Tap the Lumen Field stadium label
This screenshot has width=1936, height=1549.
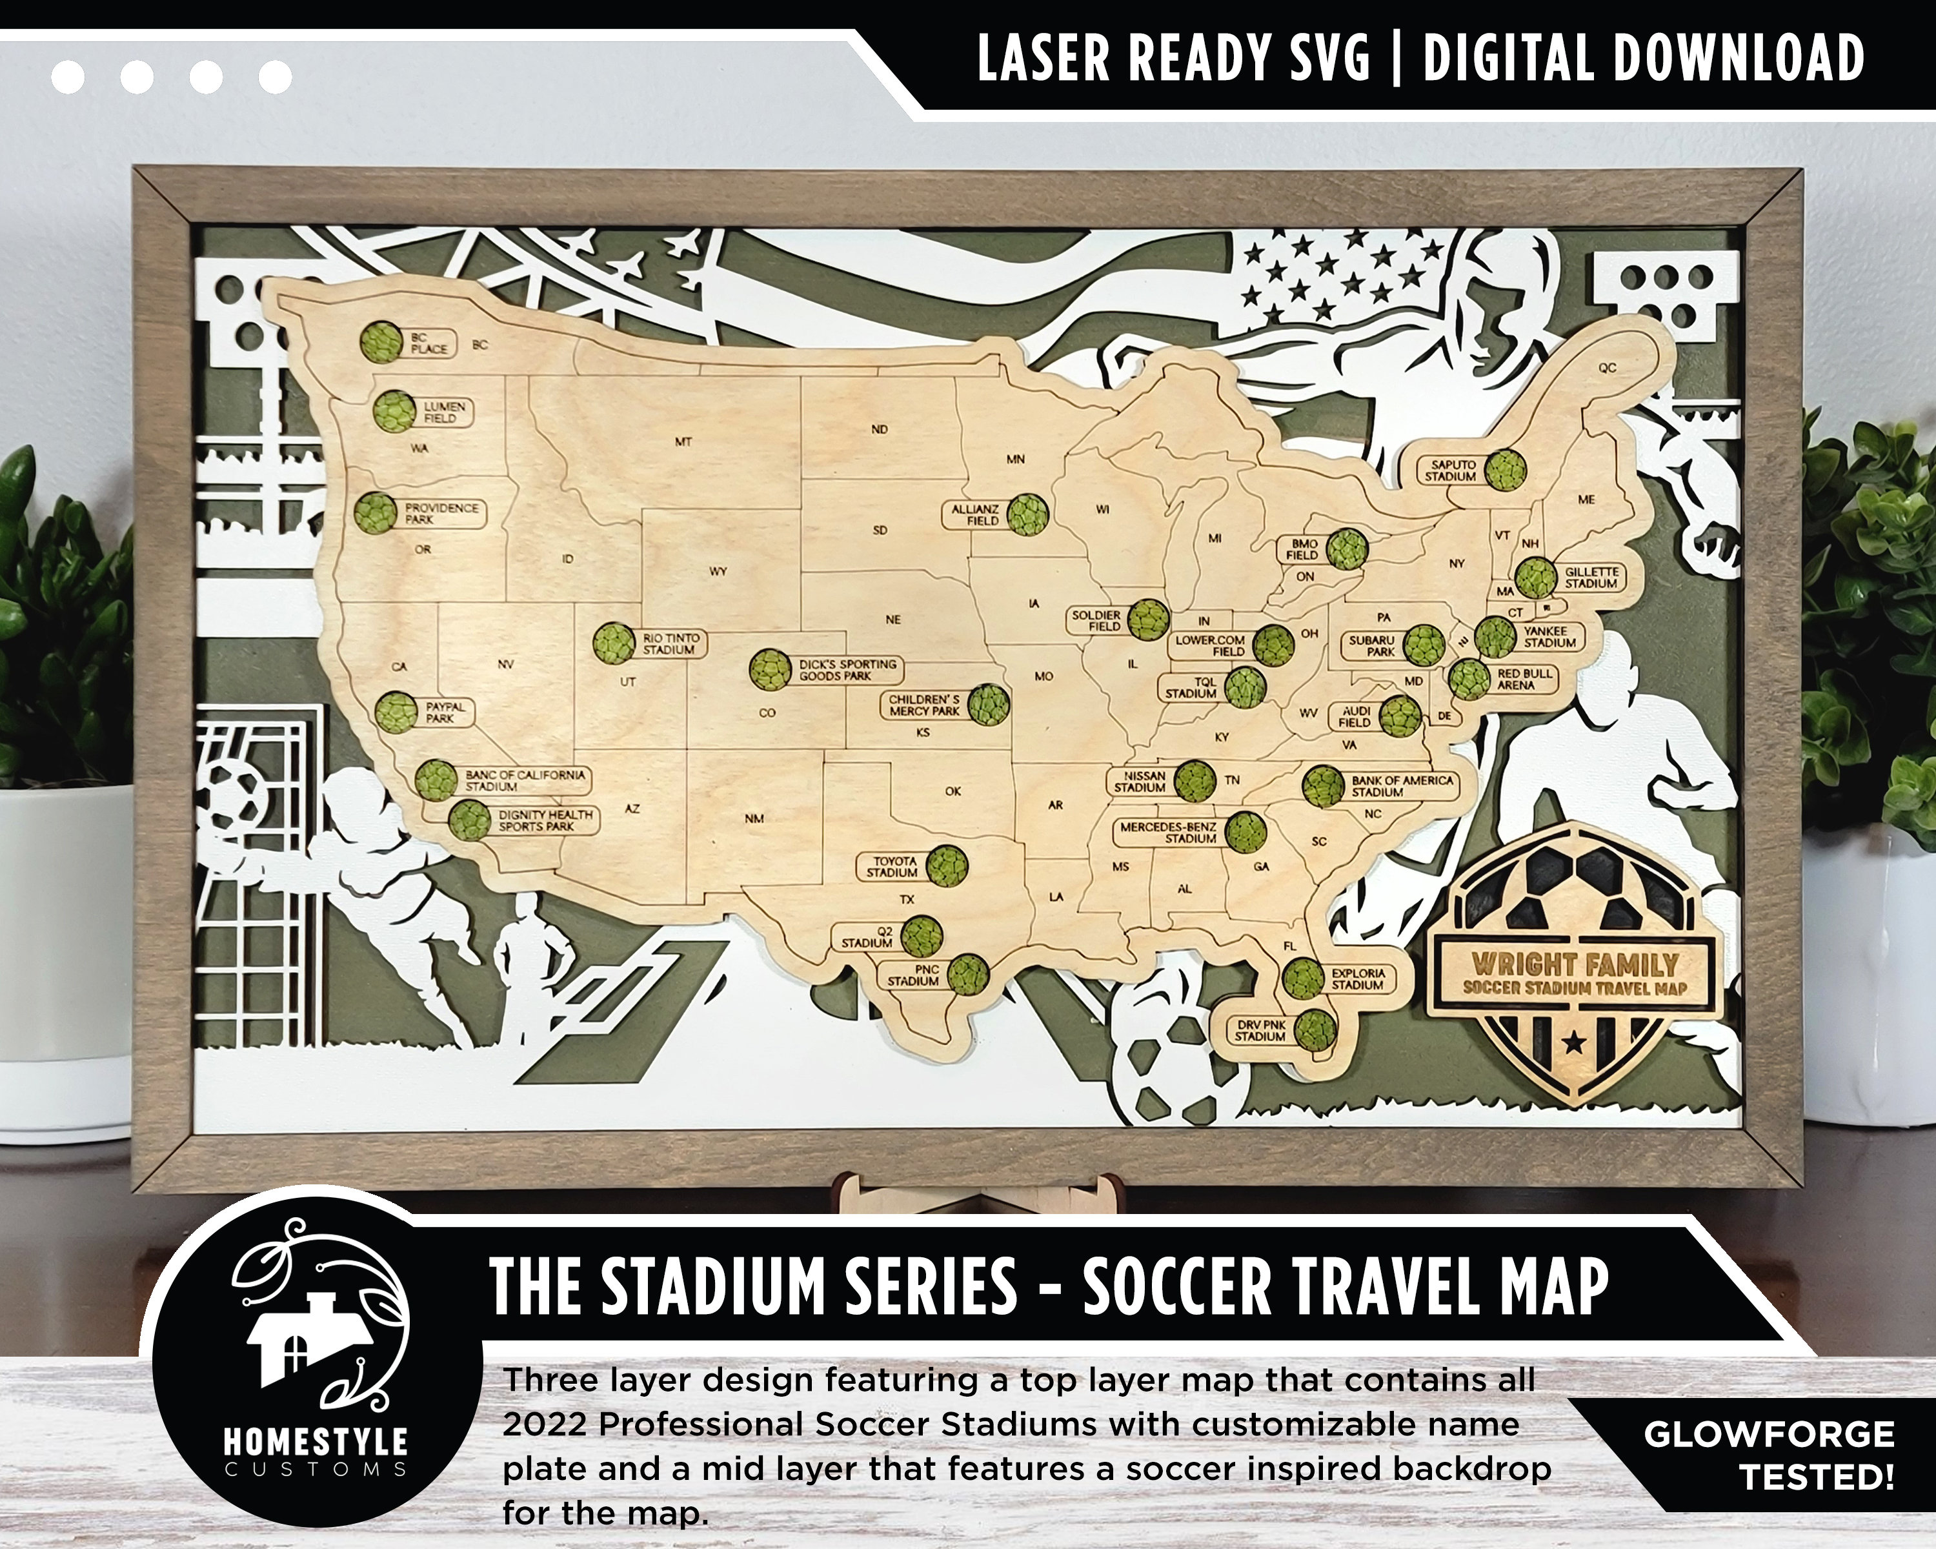tap(445, 412)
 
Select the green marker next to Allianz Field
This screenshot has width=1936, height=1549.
tap(1025, 514)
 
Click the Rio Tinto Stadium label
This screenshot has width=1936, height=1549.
tap(669, 643)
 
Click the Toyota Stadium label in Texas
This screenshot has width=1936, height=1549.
tap(892, 867)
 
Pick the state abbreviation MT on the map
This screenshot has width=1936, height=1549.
tap(683, 442)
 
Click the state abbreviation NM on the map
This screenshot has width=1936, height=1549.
tap(754, 818)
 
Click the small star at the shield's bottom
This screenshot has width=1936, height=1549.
tap(1573, 1042)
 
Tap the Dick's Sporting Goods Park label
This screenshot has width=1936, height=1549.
tap(847, 670)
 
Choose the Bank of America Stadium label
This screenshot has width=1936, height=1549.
tap(1402, 785)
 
